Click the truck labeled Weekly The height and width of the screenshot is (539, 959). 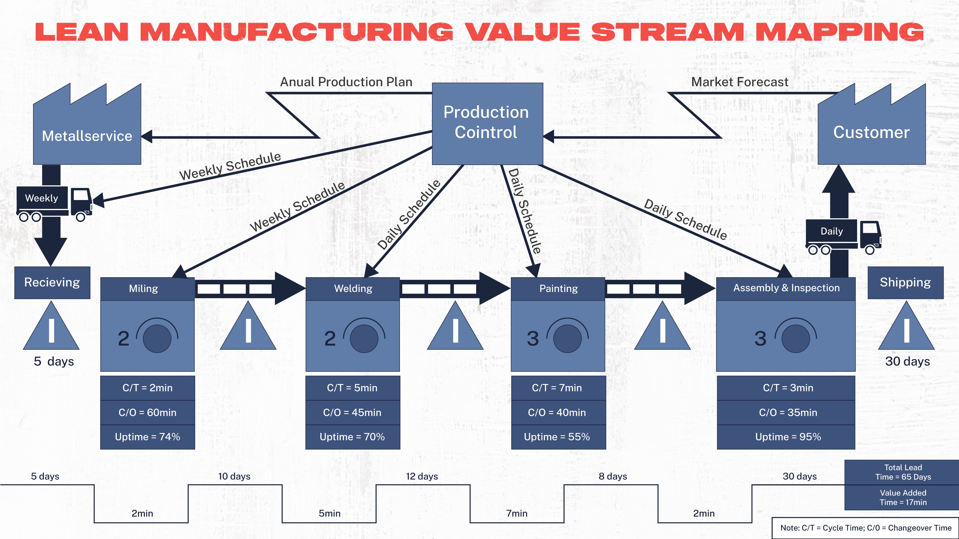coord(54,203)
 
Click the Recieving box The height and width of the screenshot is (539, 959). coord(52,282)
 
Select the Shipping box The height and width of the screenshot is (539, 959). coord(905,282)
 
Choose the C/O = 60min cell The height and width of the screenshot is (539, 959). coord(147,412)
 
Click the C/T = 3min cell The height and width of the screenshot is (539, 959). coord(788,388)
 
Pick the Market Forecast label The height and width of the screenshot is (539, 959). coord(739,82)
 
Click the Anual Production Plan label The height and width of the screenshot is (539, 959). coord(346,82)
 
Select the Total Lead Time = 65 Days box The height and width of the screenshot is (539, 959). coord(903,472)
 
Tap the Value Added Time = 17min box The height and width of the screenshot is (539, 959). coord(903,497)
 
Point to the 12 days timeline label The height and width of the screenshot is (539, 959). coord(422,476)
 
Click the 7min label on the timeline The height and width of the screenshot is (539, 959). coord(517,513)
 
